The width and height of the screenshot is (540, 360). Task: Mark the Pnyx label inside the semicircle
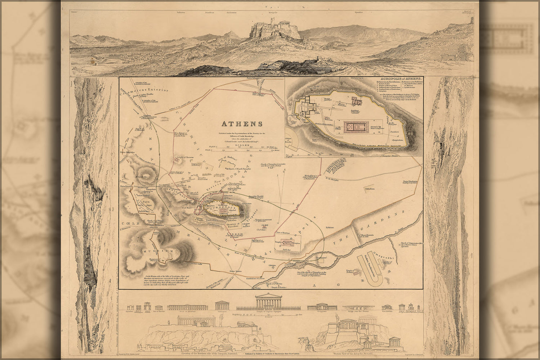[146, 202]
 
